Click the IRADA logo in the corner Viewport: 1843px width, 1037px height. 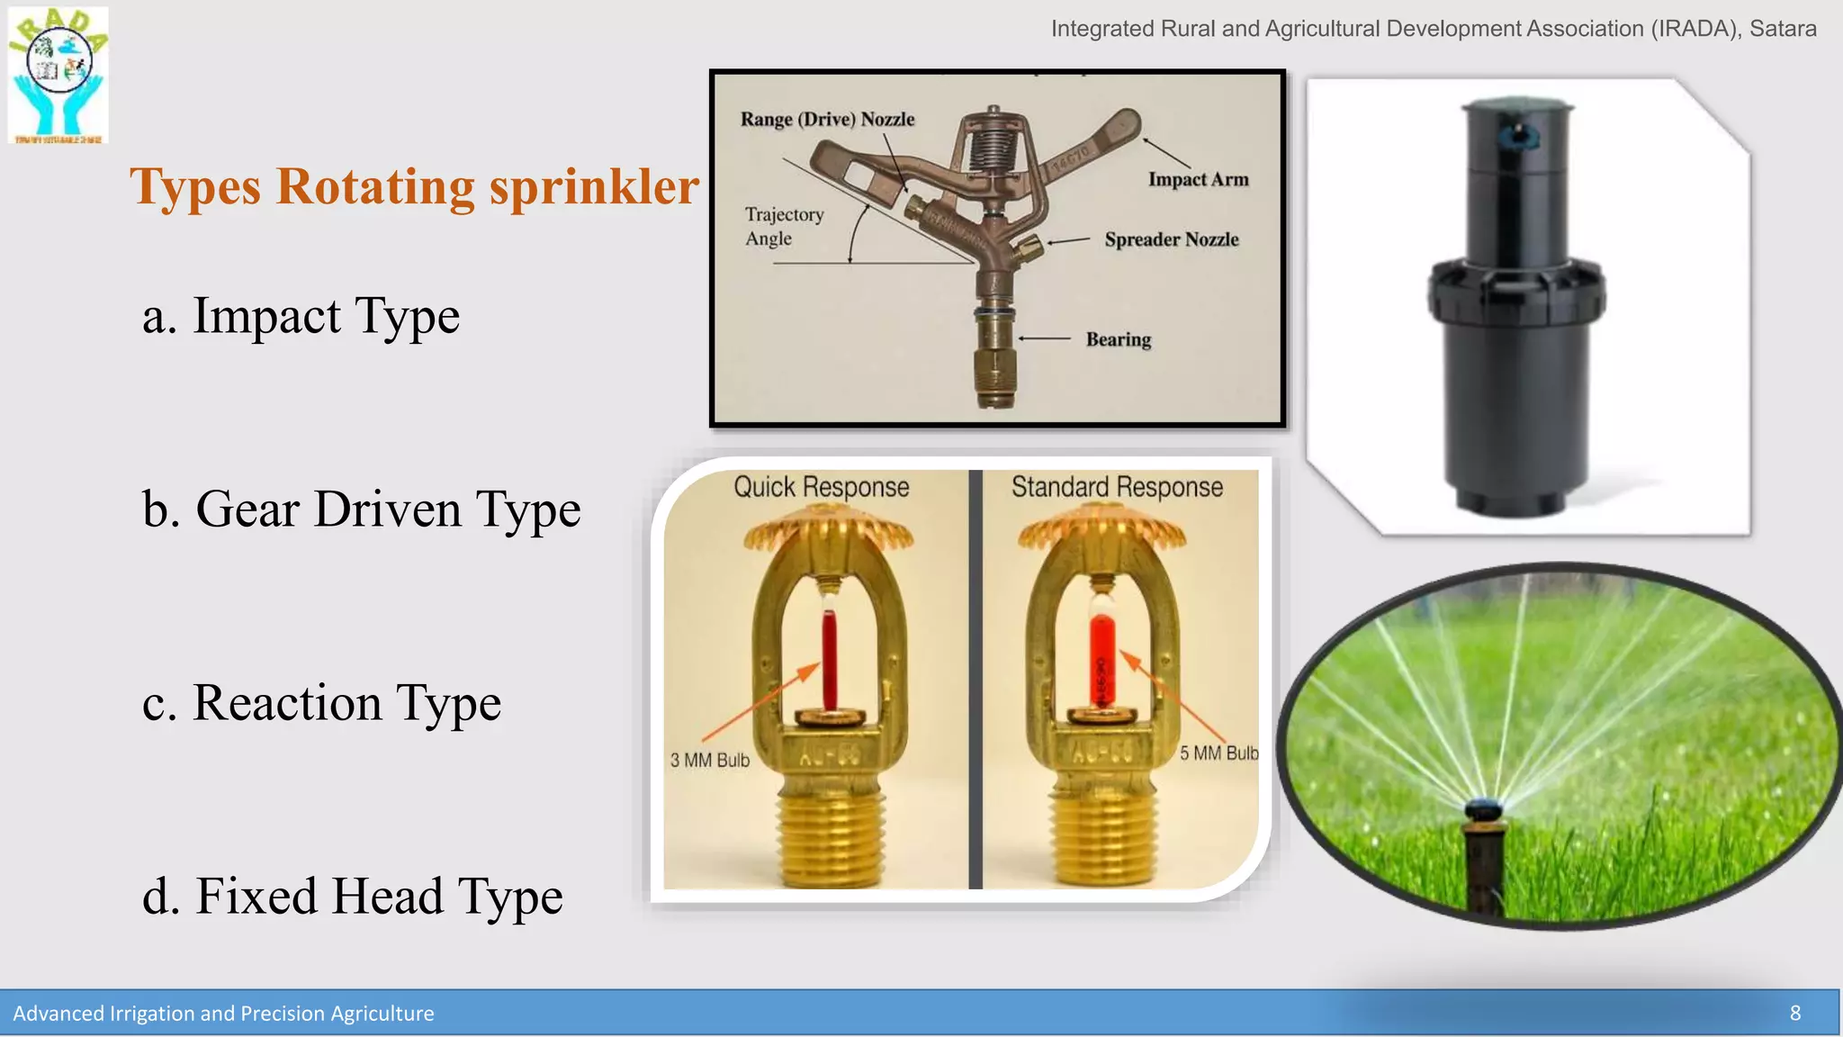(x=58, y=75)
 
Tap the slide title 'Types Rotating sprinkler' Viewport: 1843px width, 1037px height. (x=414, y=186)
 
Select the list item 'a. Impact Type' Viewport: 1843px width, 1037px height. (x=301, y=316)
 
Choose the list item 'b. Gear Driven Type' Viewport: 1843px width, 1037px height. (x=361, y=509)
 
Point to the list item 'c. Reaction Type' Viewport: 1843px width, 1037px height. (x=321, y=703)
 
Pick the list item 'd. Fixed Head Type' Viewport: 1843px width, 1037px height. (x=352, y=897)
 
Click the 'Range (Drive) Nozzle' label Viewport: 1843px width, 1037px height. (x=827, y=120)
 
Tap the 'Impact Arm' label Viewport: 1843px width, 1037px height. (x=1198, y=179)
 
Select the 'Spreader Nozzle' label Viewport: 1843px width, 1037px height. (x=1171, y=239)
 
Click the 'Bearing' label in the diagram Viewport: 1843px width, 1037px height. (x=1118, y=339)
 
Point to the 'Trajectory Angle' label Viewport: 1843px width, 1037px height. (x=784, y=226)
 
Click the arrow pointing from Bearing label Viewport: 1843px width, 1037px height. (x=1044, y=338)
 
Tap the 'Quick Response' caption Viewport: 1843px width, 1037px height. (x=821, y=487)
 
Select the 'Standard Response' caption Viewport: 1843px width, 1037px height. (x=1117, y=487)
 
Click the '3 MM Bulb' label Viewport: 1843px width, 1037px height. (x=709, y=761)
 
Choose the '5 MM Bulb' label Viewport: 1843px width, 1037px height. (x=1218, y=753)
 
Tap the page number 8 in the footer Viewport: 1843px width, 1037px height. (x=1794, y=1014)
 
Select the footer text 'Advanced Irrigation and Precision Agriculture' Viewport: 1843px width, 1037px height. (x=223, y=1014)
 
